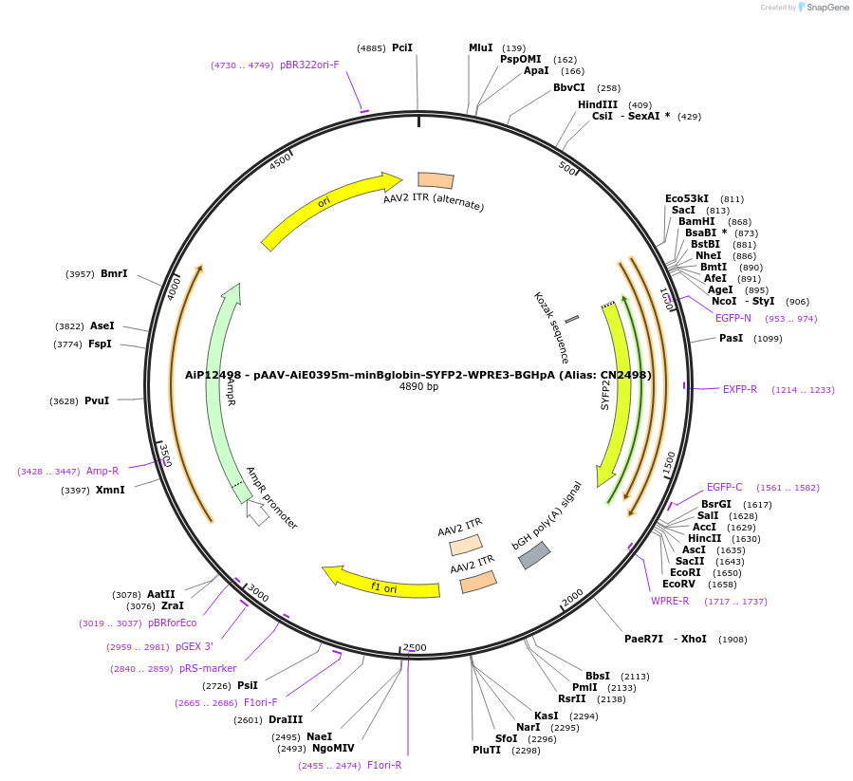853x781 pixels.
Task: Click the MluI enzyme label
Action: pyautogui.click(x=481, y=47)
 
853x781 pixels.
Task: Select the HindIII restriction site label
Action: pyautogui.click(x=598, y=104)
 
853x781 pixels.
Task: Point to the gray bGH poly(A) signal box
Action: pyautogui.click(x=534, y=555)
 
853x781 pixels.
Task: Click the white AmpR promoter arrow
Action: pyautogui.click(x=256, y=511)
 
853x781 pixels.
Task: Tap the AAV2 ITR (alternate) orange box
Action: pyautogui.click(x=436, y=180)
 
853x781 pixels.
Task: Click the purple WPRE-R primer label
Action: pyautogui.click(x=670, y=601)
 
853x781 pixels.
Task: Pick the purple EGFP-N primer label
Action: pyautogui.click(x=733, y=318)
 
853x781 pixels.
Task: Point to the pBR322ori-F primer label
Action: pyautogui.click(x=309, y=65)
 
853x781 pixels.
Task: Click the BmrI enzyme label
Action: pyautogui.click(x=114, y=273)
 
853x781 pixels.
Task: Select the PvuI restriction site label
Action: pyautogui.click(x=97, y=400)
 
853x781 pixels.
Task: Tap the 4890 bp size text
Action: pyautogui.click(x=418, y=387)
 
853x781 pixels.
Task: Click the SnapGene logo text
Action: pyautogui.click(x=827, y=8)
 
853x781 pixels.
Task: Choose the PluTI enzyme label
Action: pyautogui.click(x=487, y=750)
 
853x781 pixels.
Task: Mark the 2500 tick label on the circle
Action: pyautogui.click(x=415, y=647)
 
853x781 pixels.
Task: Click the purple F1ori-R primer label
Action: pyautogui.click(x=384, y=765)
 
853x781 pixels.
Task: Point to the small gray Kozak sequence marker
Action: pyautogui.click(x=571, y=320)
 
